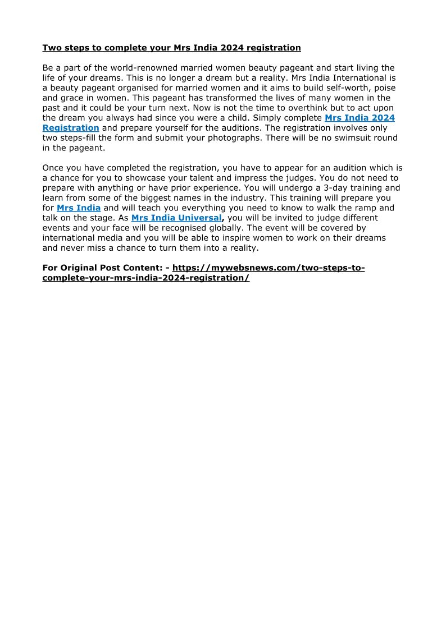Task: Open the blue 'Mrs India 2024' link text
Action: point(359,118)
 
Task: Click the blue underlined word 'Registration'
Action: point(71,128)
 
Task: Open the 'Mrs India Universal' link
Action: point(177,218)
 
